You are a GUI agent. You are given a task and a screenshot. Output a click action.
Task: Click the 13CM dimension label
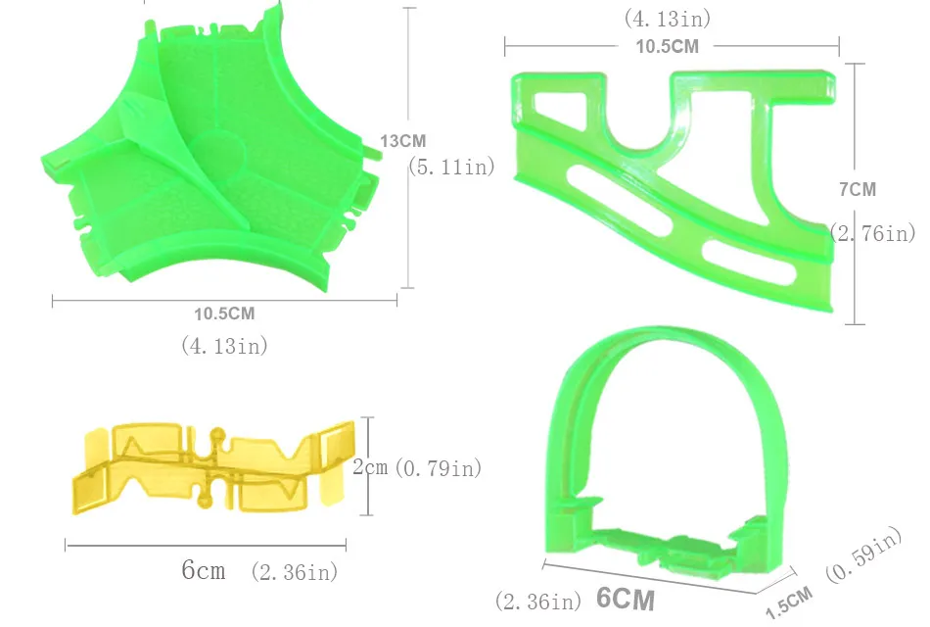tap(402, 141)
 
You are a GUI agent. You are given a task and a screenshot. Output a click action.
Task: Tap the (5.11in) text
tap(452, 167)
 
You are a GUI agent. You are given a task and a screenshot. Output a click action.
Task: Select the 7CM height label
tap(858, 189)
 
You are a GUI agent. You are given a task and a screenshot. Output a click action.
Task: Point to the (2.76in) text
tap(872, 233)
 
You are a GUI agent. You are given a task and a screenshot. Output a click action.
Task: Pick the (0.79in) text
tap(438, 468)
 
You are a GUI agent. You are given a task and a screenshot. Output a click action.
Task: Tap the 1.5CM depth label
tap(789, 603)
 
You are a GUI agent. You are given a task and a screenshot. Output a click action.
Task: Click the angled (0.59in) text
tap(863, 554)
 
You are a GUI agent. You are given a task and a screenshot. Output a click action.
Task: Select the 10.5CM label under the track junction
tap(224, 313)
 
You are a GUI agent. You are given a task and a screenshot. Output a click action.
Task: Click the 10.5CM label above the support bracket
tap(668, 46)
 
